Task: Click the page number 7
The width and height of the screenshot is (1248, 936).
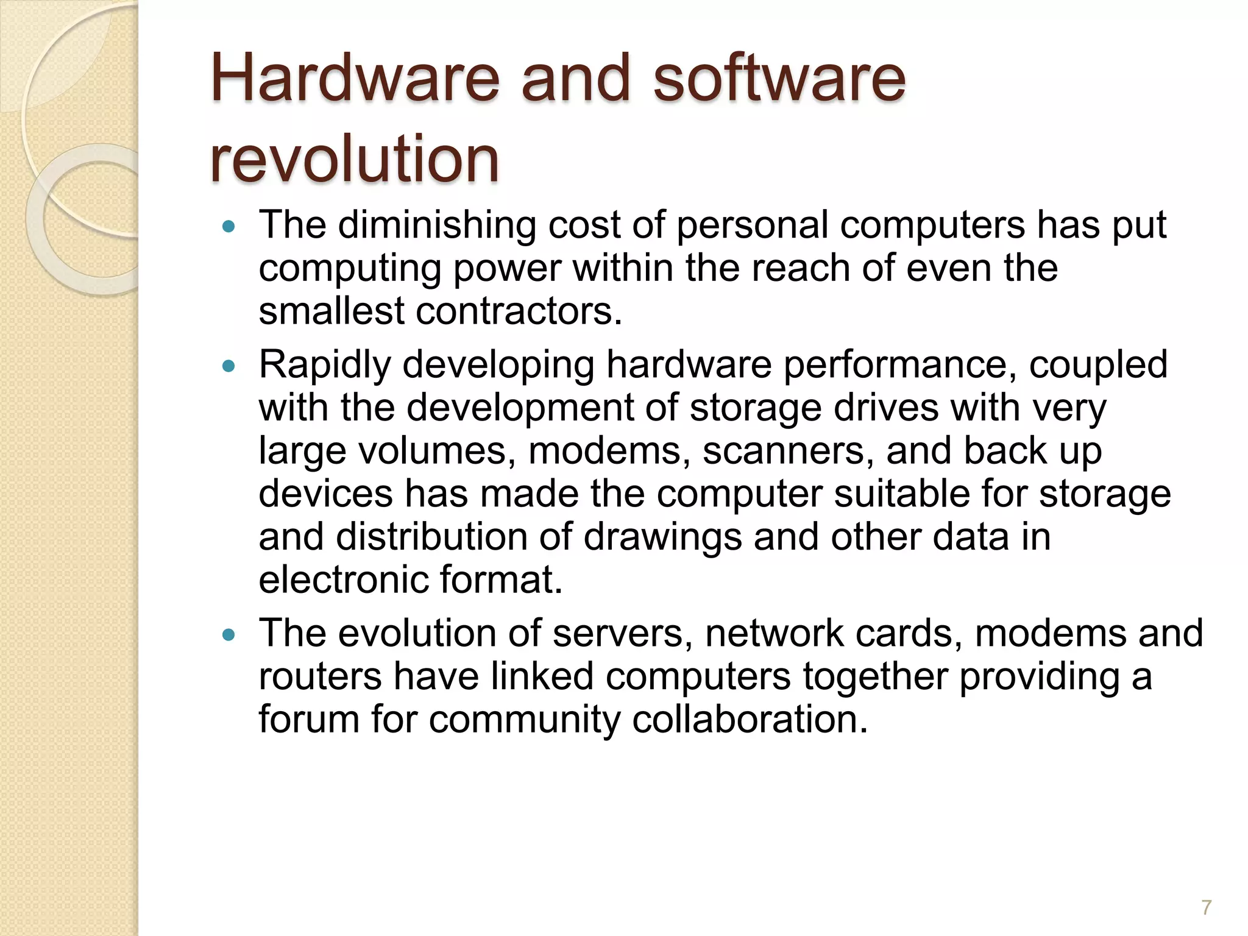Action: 1206,907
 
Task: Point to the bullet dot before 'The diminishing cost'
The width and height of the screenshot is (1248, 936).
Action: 229,227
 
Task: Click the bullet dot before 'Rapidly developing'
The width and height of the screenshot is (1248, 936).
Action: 229,366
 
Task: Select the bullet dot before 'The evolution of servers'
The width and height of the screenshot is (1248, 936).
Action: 229,635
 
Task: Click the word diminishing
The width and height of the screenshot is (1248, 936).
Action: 437,225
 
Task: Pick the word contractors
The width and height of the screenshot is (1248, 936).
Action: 519,311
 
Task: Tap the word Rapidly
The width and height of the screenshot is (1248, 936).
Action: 325,364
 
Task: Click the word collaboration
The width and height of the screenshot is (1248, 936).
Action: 749,719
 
